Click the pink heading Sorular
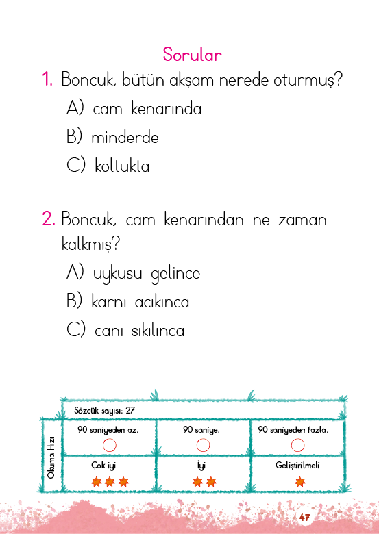pyautogui.click(x=192, y=55)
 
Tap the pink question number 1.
pyautogui.click(x=47, y=79)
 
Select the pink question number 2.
pyautogui.click(x=49, y=218)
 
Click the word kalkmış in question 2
pyautogui.click(x=90, y=244)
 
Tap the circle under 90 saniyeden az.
pyautogui.click(x=110, y=445)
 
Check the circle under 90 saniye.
pyautogui.click(x=203, y=445)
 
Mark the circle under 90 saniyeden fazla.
pyautogui.click(x=297, y=445)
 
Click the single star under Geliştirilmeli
pyautogui.click(x=300, y=482)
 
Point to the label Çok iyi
pyautogui.click(x=103, y=466)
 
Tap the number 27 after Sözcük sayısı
pyautogui.click(x=130, y=410)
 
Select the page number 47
pyautogui.click(x=304, y=518)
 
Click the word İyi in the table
pyautogui.click(x=201, y=465)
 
